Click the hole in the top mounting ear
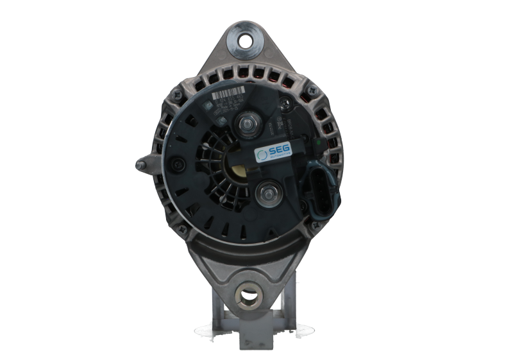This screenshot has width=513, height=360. [246, 40]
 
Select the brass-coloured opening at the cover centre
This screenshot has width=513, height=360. [237, 173]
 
